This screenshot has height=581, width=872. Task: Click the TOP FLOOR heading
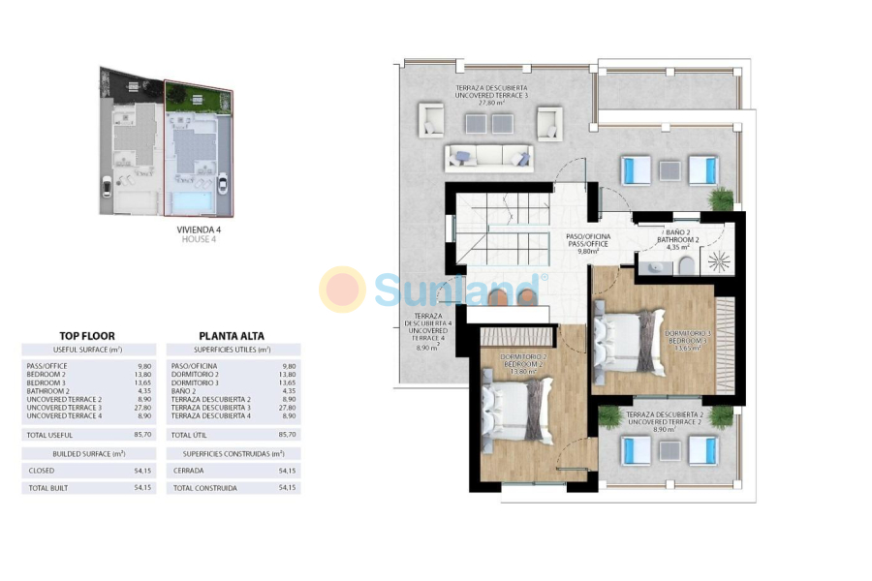pyautogui.click(x=87, y=336)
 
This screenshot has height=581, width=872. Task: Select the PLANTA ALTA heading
pyautogui.click(x=232, y=336)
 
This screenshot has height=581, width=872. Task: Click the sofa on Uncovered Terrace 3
pyautogui.click(x=488, y=157)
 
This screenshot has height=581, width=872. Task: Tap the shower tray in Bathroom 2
pyautogui.click(x=717, y=261)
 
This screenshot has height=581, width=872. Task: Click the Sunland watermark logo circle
pyautogui.click(x=343, y=290)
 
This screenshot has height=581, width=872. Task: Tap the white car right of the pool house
pyautogui.click(x=224, y=183)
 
